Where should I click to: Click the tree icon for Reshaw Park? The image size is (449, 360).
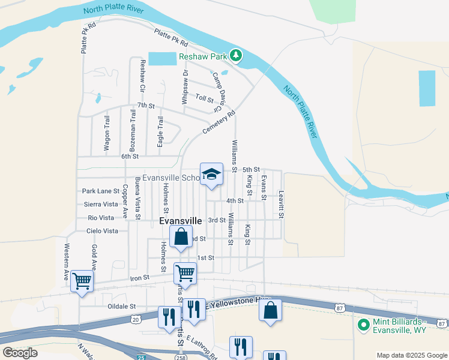pyautogui.click(x=237, y=56)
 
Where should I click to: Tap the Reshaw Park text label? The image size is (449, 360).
pyautogui.click(x=204, y=57)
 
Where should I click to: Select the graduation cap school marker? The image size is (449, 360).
pyautogui.click(x=211, y=174)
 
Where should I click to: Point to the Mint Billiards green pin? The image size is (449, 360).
pyautogui.click(x=363, y=325)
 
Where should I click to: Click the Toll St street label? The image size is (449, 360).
pyautogui.click(x=205, y=97)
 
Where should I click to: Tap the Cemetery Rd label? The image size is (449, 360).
pyautogui.click(x=218, y=121)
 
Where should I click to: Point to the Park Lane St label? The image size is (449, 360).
pyautogui.click(x=101, y=191)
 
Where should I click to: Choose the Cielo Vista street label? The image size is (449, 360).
pyautogui.click(x=102, y=231)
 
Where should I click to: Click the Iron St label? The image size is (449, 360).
pyautogui.click(x=139, y=278)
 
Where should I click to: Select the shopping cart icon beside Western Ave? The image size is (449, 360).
pyautogui.click(x=82, y=280)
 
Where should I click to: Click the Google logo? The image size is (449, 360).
pyautogui.click(x=20, y=353)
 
